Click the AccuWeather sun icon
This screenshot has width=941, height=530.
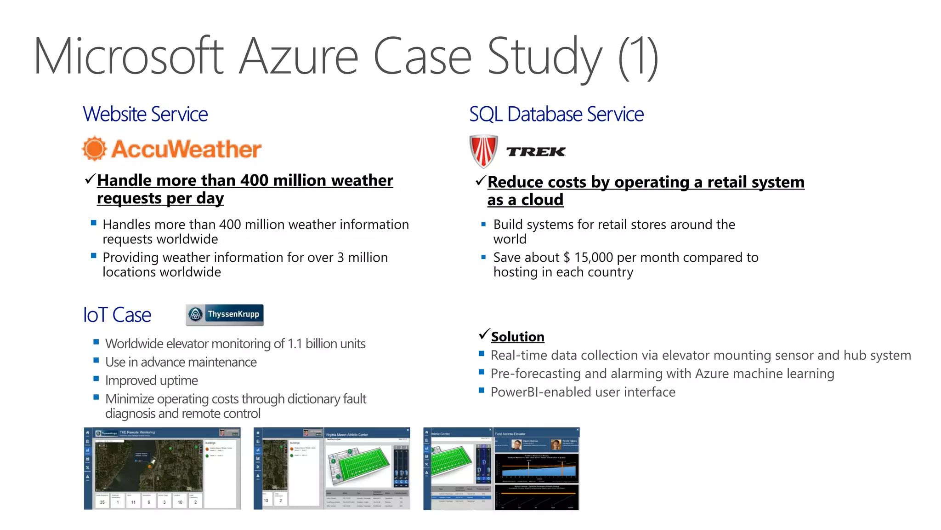coord(95,149)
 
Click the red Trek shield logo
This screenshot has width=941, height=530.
coord(483,151)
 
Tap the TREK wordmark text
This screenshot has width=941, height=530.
coord(536,152)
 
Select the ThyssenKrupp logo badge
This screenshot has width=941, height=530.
coord(225,315)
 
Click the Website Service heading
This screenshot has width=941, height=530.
coord(145,114)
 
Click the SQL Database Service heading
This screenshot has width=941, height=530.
coord(556,114)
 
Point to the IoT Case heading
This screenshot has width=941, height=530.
coord(117,315)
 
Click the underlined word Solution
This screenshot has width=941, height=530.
coord(517,337)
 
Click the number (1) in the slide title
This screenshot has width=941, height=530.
coord(638,57)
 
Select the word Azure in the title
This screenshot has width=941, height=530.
coord(299,57)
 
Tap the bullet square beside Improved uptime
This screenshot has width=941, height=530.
coord(96,379)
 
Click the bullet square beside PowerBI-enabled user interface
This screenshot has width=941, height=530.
coord(482,390)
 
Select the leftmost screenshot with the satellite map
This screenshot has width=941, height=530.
coord(162,468)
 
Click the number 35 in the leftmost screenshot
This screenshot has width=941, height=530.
coord(102,502)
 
